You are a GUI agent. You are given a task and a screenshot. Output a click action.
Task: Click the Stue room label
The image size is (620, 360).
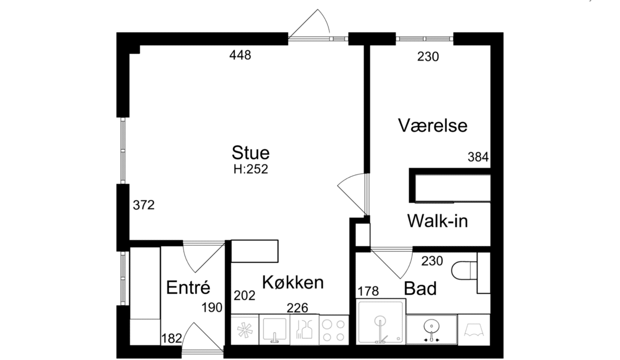[250, 152]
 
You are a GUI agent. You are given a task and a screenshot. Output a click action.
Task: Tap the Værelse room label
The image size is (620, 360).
[433, 125]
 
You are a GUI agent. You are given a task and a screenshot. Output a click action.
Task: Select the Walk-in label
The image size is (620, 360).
[437, 221]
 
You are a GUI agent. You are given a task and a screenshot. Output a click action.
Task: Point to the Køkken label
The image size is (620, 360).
[293, 282]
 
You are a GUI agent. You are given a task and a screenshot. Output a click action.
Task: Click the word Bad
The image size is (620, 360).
[420, 288]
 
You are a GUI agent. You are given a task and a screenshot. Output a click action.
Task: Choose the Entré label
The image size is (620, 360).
[188, 287]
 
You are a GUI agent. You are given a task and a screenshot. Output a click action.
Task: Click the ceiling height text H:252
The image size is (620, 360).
[251, 169]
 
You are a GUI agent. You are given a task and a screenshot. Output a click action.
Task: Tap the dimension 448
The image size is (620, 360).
[240, 55]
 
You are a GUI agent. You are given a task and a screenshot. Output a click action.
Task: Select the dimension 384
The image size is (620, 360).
[478, 157]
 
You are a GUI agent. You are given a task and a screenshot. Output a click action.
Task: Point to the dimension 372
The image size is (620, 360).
[143, 205]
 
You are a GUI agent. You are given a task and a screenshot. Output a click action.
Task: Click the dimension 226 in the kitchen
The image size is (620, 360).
[297, 308]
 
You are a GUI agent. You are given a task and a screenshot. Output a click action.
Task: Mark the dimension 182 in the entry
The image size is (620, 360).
[171, 338]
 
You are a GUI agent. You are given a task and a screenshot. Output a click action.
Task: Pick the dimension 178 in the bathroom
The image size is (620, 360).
[368, 291]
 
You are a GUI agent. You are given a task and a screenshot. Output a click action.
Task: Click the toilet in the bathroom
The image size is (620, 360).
[464, 270]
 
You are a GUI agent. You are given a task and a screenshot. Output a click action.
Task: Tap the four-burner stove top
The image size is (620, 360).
[334, 330]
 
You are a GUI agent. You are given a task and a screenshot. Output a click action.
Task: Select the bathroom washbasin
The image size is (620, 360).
[431, 329]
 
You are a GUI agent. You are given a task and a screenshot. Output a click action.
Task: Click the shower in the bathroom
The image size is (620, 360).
[381, 322]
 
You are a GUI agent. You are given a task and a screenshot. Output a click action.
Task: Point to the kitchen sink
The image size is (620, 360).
[274, 329]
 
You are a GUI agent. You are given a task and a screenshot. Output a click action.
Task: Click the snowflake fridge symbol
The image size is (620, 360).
[245, 330]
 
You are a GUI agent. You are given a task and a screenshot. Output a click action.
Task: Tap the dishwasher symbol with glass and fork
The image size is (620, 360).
[304, 329]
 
